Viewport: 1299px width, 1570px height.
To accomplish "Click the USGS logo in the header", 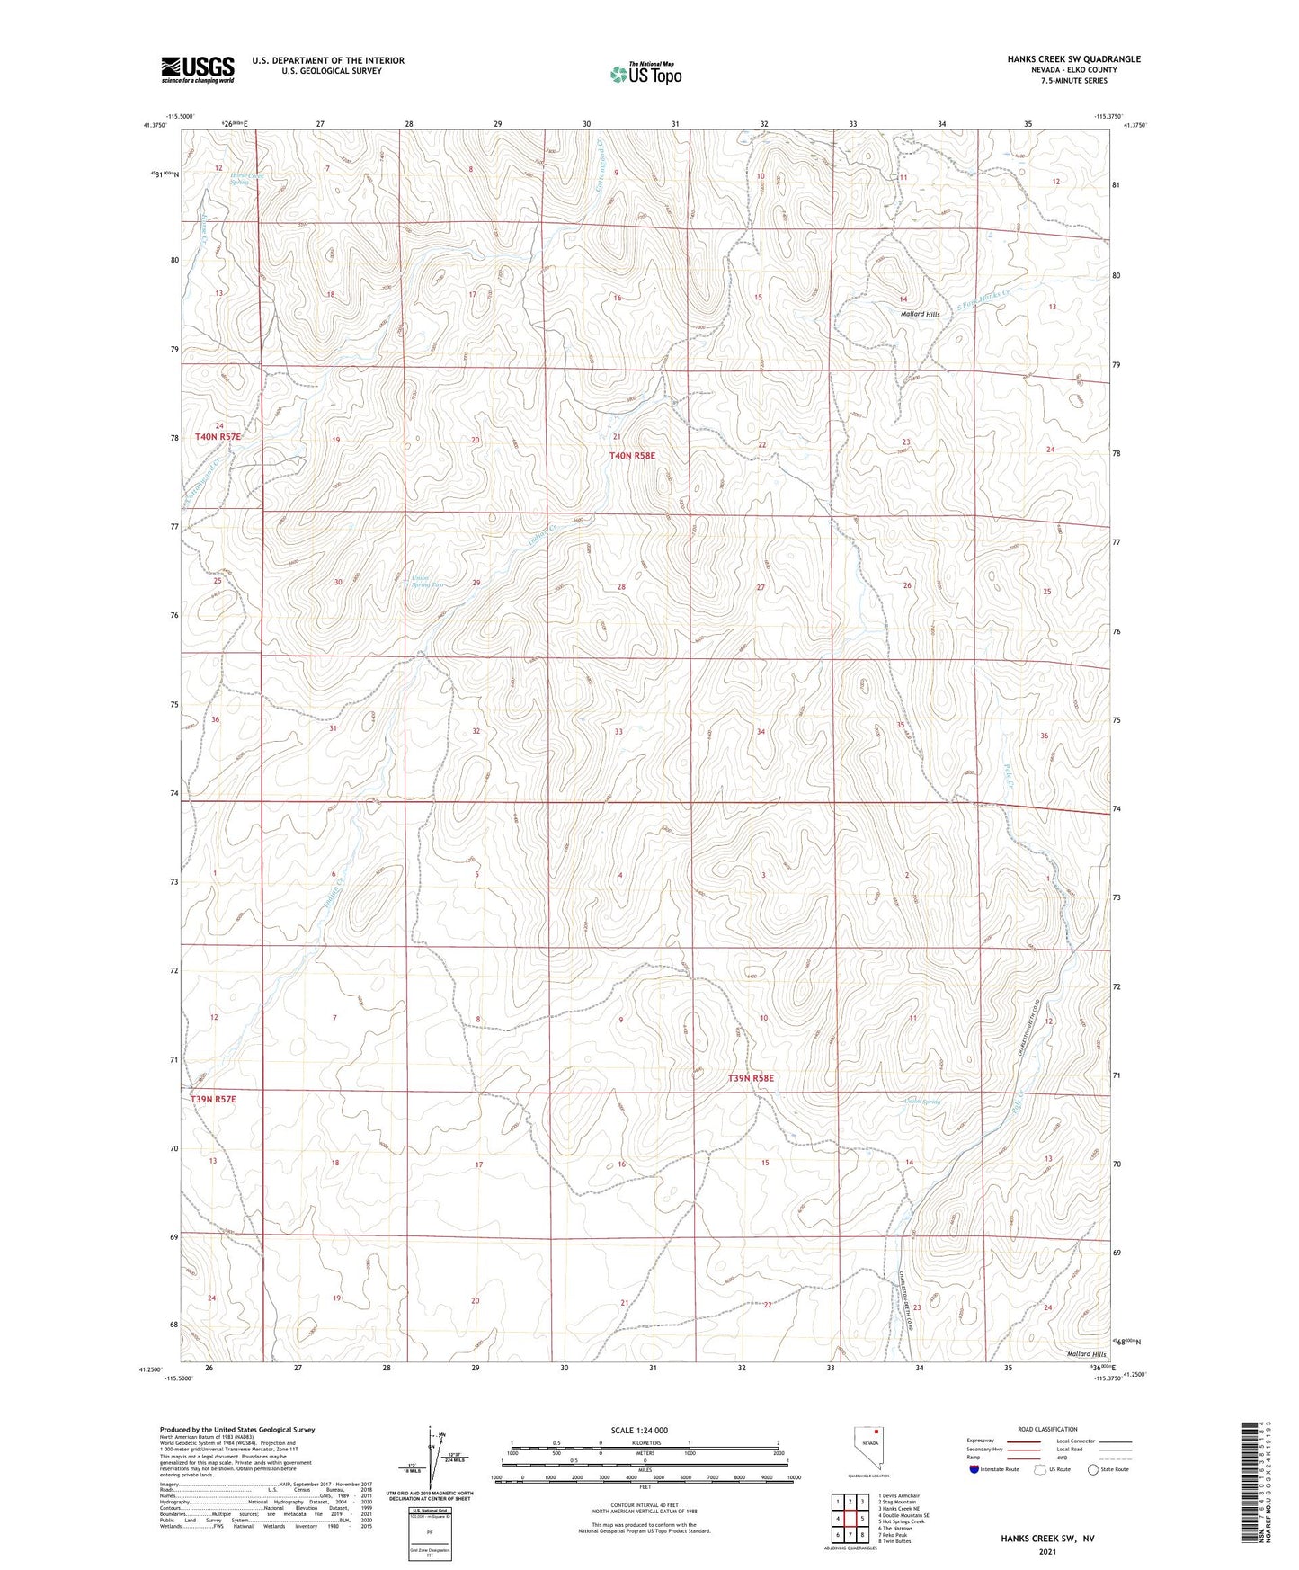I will [198, 68].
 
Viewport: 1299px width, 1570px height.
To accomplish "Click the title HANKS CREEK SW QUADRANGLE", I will [1073, 59].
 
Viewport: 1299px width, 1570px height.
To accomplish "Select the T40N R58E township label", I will [633, 456].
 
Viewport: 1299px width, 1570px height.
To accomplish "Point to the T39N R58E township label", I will [751, 1077].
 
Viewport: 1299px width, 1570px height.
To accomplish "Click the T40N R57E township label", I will [218, 436].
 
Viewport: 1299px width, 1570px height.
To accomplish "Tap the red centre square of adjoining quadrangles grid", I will [850, 1520].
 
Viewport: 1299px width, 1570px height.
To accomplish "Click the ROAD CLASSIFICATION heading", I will [1048, 1429].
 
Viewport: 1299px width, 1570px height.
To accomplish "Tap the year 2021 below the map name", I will [1047, 1552].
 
